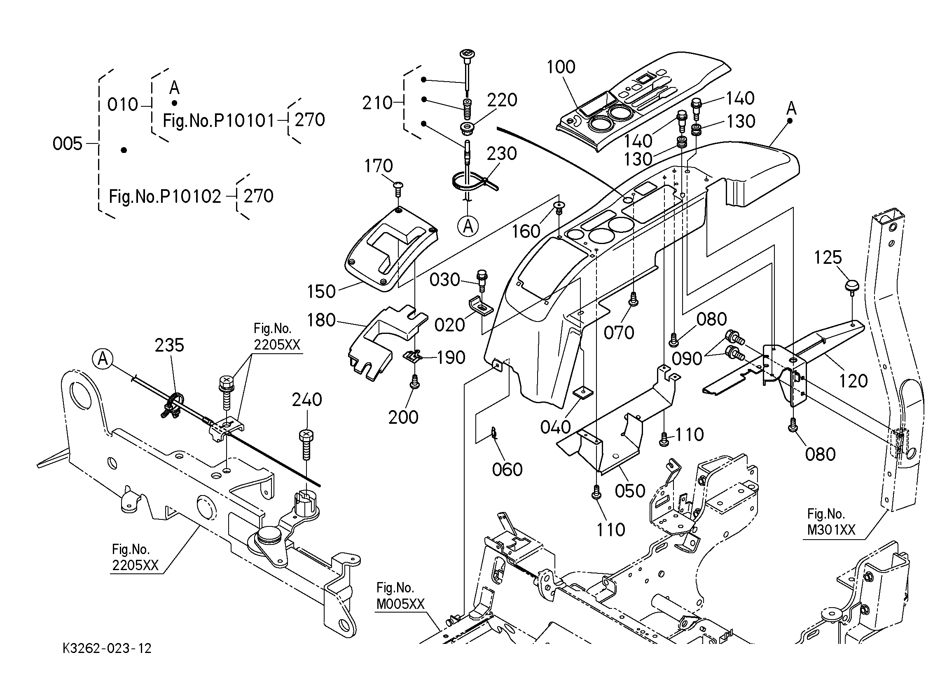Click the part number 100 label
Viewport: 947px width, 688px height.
coord(561,67)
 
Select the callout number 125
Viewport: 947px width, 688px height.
coord(828,258)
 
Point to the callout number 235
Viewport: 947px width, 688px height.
coord(169,345)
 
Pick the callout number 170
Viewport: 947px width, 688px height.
coord(378,167)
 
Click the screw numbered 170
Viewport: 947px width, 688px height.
coord(399,189)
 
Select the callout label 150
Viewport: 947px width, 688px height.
coord(321,292)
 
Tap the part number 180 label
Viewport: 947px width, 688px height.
coord(321,321)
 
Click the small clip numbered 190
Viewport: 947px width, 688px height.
coord(413,356)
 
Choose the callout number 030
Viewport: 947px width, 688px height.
coord(445,280)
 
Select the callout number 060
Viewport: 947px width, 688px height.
coord(507,470)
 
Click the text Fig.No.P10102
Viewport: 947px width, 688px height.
coord(165,197)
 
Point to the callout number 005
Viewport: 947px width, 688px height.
coord(67,144)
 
